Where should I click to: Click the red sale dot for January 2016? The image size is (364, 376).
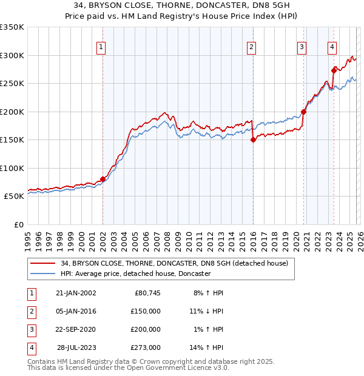[x=253, y=140]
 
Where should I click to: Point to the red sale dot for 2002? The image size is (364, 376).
[x=103, y=179]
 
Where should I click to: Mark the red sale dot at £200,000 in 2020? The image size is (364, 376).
[x=303, y=112]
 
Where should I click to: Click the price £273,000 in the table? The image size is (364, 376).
[x=146, y=347]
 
